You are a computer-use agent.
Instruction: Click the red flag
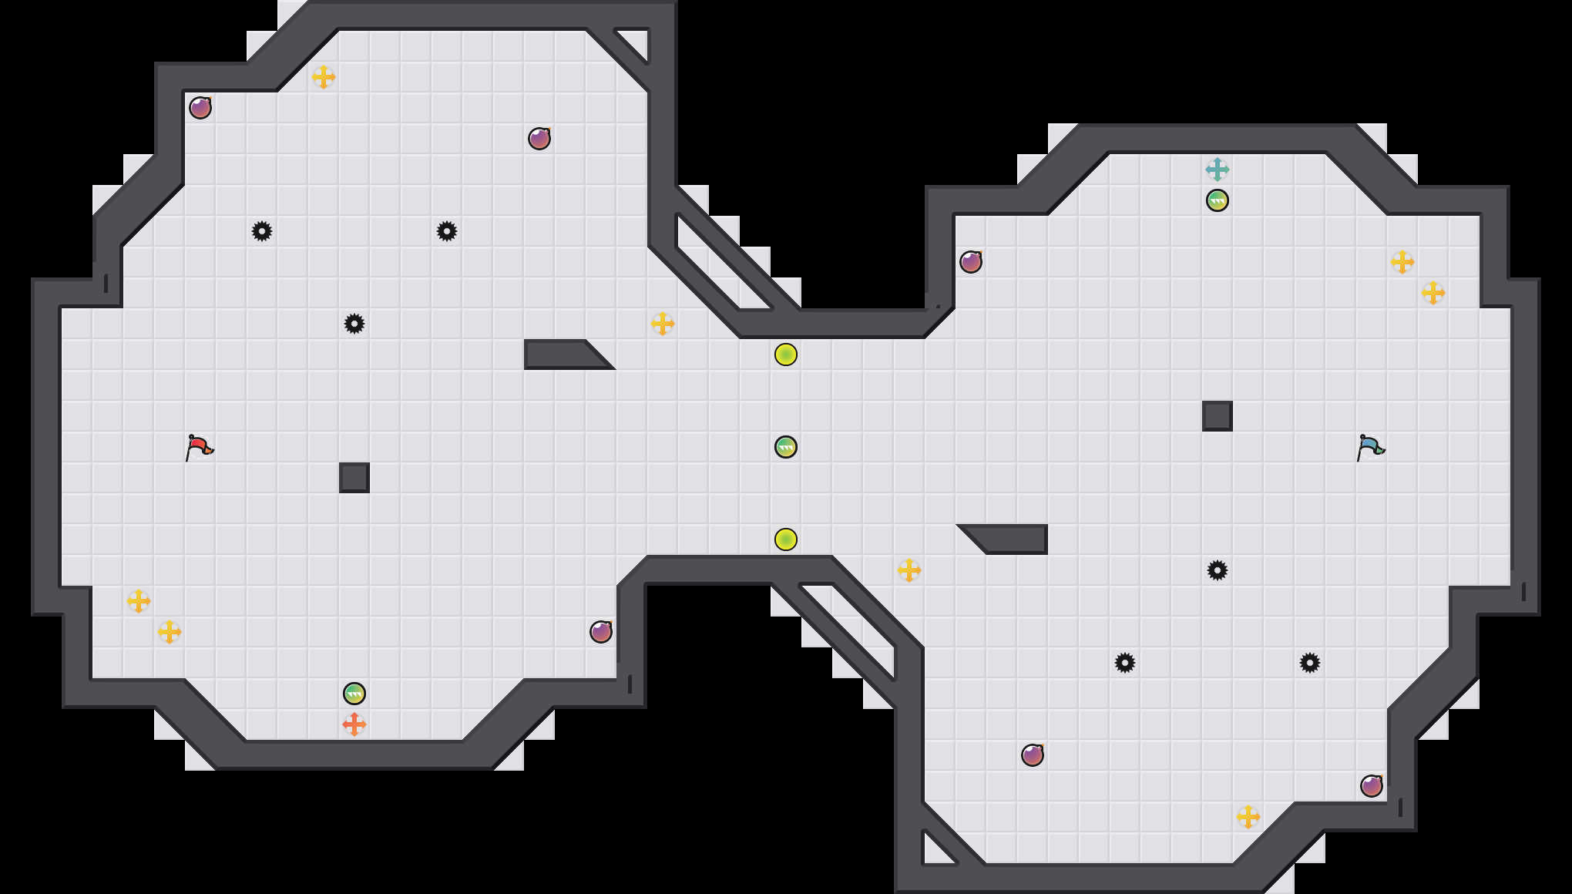click(199, 447)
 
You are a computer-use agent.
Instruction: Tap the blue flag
click(1370, 447)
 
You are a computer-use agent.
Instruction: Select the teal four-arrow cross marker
click(1218, 170)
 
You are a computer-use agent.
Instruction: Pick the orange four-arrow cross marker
click(354, 724)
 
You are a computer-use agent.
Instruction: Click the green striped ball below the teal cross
click(1218, 200)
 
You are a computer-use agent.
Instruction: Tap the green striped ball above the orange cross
click(354, 694)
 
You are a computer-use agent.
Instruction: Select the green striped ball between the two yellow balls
click(786, 447)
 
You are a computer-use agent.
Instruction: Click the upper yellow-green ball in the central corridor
click(786, 355)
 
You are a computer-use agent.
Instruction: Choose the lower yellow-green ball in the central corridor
click(786, 539)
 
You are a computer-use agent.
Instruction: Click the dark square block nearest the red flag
click(354, 478)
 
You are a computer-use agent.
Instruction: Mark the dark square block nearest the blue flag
click(1218, 416)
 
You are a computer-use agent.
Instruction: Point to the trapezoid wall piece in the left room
click(563, 355)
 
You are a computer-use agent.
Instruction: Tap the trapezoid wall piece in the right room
click(1009, 538)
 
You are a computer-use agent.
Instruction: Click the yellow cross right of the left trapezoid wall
click(663, 324)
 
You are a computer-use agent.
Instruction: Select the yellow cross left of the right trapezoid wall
click(909, 570)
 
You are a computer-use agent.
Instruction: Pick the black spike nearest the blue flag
click(1218, 570)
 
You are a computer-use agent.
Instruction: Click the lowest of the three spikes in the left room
click(354, 324)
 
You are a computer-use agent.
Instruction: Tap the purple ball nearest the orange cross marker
click(601, 632)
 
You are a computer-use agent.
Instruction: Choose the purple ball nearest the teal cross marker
click(971, 262)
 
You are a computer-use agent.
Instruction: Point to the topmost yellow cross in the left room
click(324, 77)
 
